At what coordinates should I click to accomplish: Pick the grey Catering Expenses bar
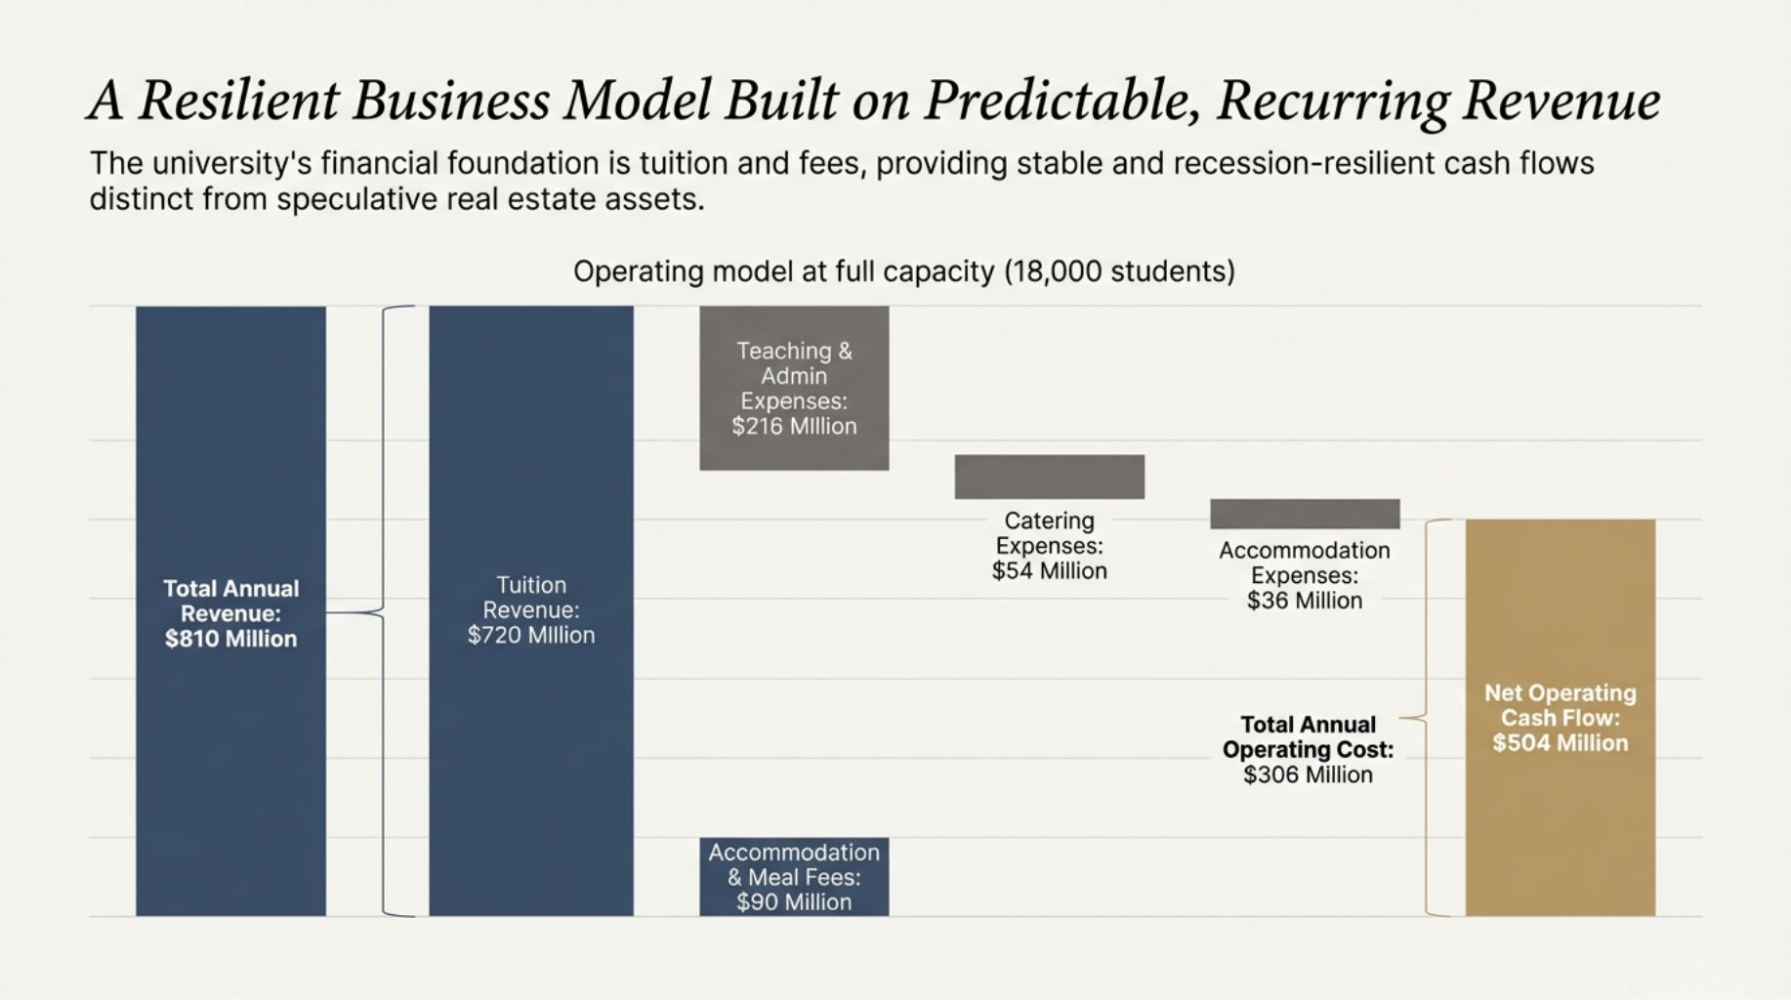[1049, 477]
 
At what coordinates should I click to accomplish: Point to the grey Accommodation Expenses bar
[1305, 514]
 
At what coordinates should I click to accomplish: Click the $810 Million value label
[230, 639]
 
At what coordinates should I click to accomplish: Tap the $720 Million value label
[530, 635]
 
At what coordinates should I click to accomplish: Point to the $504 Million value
[1560, 743]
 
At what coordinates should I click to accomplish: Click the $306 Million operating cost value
[1308, 774]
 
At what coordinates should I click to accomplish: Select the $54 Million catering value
[1049, 571]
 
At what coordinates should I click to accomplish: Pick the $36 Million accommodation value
[1305, 601]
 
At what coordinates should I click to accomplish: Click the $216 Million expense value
[794, 426]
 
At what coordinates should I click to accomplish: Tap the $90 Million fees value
[794, 902]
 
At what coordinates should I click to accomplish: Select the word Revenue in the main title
[1561, 101]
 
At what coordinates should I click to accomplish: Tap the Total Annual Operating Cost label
[1308, 737]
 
